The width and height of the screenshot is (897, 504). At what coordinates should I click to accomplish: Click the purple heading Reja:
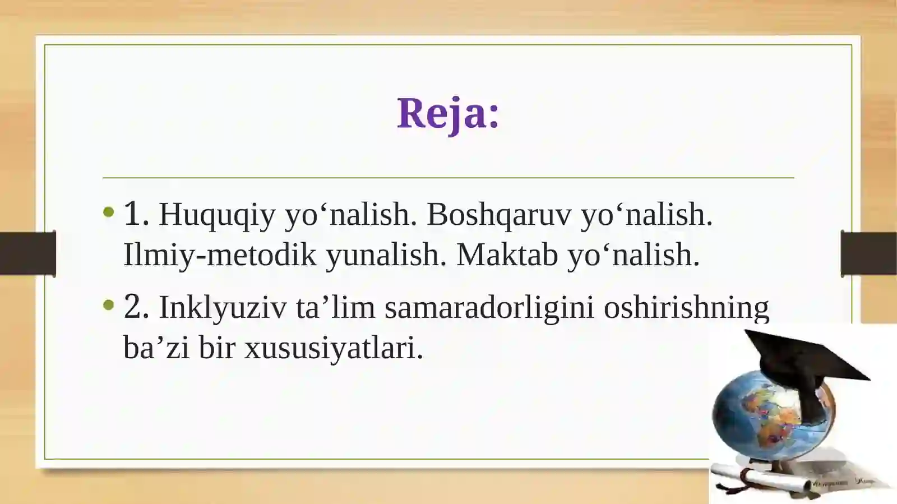coord(448,114)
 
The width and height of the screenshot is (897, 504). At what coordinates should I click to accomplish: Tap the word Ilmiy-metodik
coord(220,256)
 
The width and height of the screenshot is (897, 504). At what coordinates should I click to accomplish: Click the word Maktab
coord(507,255)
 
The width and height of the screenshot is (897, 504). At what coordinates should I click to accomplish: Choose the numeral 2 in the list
coord(136,306)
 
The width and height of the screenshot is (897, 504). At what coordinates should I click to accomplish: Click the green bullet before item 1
coord(109,211)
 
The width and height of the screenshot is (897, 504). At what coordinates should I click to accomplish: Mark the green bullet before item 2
coord(109,305)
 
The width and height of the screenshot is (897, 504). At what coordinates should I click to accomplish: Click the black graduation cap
coord(805,372)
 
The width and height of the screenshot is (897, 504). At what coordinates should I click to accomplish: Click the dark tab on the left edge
coord(28,253)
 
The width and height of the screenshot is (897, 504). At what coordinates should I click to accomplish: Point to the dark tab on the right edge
coord(868,253)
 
